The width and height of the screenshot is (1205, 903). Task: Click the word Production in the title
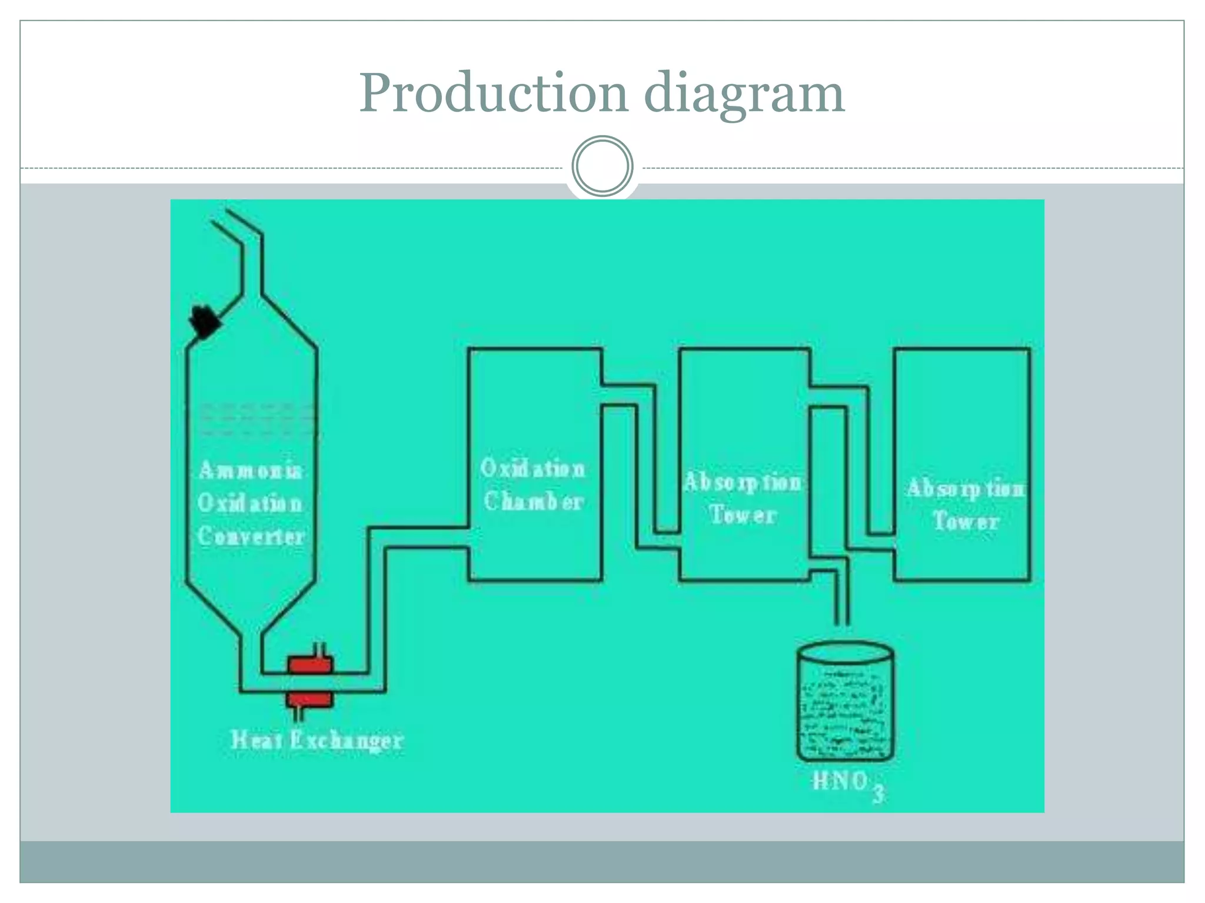(493, 94)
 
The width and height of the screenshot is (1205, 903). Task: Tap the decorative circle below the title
(602, 166)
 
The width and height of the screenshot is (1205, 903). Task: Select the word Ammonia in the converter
(251, 470)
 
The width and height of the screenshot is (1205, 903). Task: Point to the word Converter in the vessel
(251, 536)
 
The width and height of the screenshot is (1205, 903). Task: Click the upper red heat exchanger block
(311, 665)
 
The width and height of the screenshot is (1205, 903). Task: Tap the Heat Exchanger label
(317, 740)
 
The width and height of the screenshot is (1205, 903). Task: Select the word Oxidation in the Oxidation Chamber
(532, 469)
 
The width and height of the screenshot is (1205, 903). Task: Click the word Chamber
(533, 501)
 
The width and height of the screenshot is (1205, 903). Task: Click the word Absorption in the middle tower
(743, 483)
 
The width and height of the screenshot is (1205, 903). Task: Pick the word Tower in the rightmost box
(966, 521)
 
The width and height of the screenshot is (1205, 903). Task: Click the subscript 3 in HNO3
(878, 794)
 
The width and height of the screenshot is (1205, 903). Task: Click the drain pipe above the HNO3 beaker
(842, 600)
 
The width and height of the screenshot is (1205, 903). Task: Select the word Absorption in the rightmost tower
(966, 489)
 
